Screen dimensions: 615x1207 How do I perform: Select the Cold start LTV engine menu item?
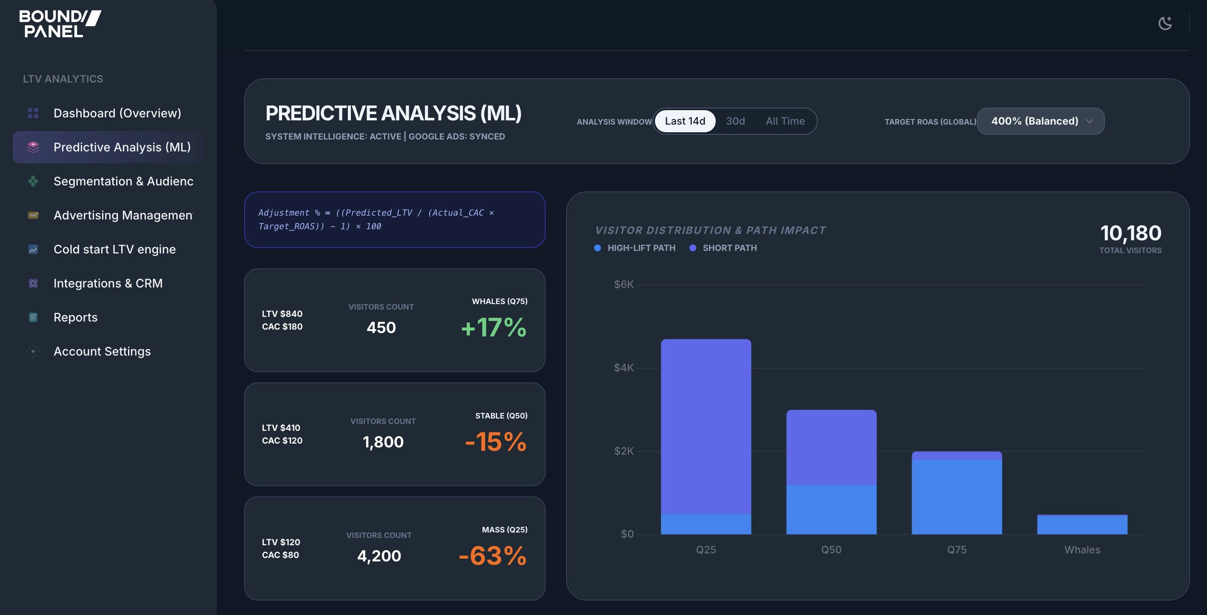pos(114,249)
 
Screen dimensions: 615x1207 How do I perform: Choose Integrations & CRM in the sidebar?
pos(108,283)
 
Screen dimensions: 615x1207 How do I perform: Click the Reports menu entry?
pos(75,317)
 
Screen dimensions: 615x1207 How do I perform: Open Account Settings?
pos(102,351)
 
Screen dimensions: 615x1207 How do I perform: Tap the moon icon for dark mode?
pos(1165,23)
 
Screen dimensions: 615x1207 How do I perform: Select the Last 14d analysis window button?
pos(685,121)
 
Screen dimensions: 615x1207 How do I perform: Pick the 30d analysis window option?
pos(735,121)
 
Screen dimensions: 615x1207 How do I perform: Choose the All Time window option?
pos(785,121)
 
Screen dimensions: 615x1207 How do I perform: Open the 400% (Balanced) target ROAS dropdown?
pos(1040,121)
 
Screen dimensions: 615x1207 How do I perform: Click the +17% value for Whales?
pos(493,327)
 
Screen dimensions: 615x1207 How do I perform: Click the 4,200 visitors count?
pos(379,555)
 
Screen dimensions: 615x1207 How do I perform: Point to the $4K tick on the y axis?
pos(623,368)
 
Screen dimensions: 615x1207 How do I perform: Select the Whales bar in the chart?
pos(1082,524)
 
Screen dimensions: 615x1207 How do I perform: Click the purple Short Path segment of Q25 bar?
pos(706,426)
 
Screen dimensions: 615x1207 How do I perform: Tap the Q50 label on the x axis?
pos(831,550)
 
